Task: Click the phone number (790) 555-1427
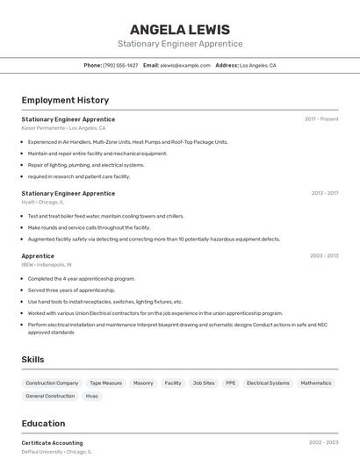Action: point(120,65)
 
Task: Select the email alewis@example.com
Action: point(183,65)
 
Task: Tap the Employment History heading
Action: point(65,100)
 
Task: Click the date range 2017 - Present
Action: point(321,118)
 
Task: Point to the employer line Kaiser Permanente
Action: point(63,128)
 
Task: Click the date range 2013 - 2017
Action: point(324,193)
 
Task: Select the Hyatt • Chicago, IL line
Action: point(43,202)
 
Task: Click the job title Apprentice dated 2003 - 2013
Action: point(38,255)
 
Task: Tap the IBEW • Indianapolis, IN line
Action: point(47,264)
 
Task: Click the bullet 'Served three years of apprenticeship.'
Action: point(71,290)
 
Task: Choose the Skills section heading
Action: point(32,359)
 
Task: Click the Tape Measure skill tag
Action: point(105,383)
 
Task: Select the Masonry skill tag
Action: point(142,383)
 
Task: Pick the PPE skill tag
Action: point(230,383)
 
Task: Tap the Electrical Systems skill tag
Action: point(268,383)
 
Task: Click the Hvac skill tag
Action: point(92,396)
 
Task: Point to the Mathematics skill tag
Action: point(315,383)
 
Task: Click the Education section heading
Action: point(43,423)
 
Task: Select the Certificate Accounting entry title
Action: point(52,443)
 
